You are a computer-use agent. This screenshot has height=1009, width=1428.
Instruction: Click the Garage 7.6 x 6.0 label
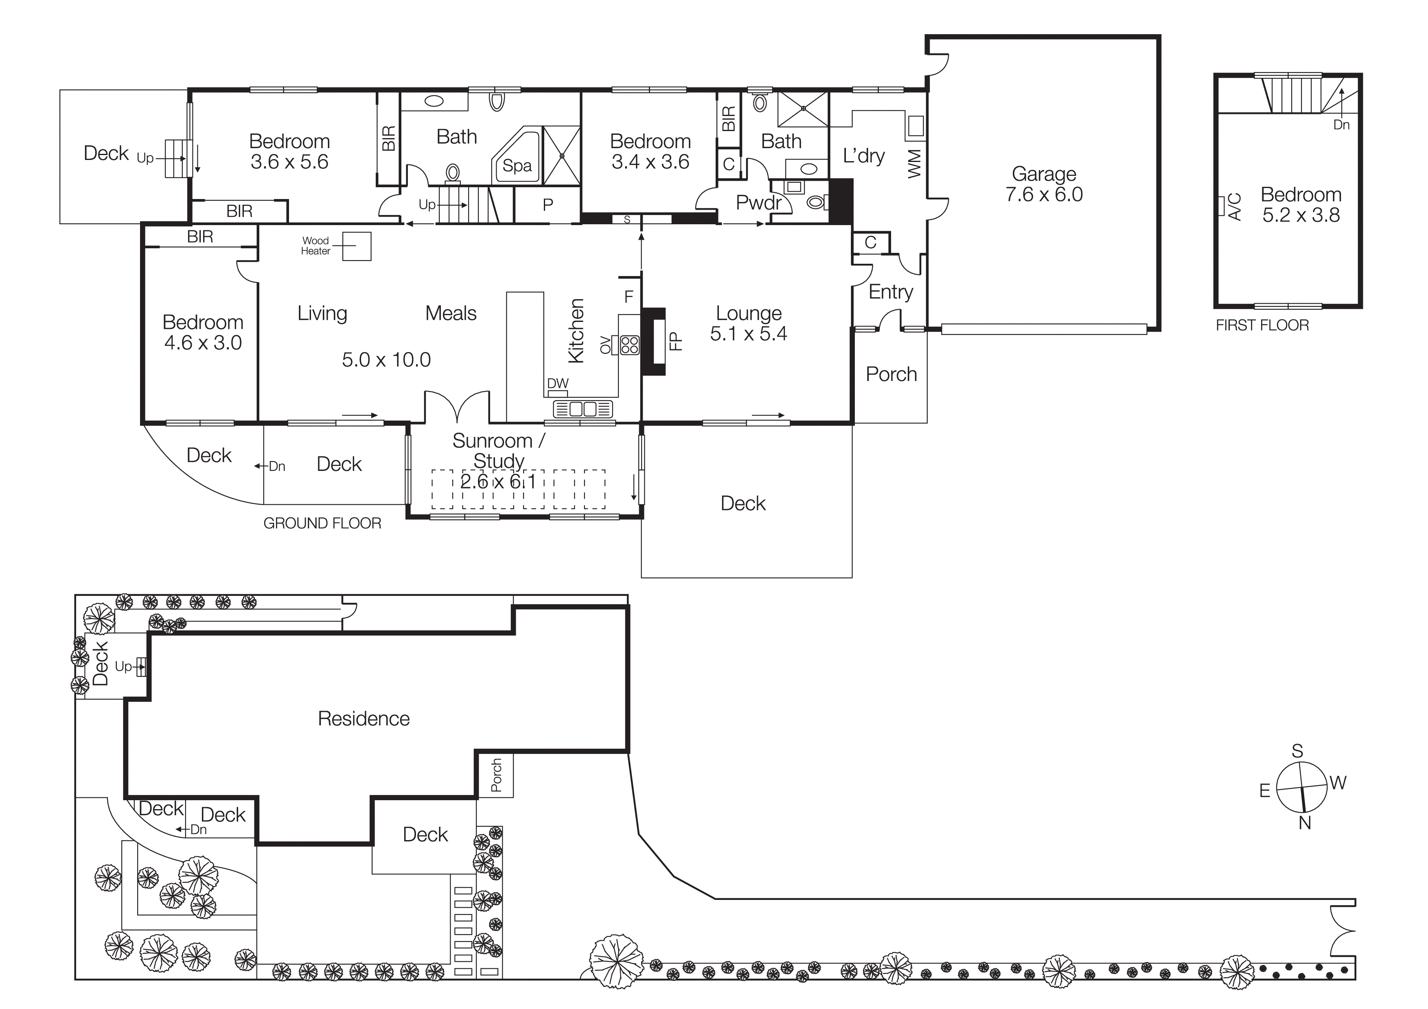coord(1044,184)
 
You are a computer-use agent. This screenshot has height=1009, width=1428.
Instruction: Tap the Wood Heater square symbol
coord(357,246)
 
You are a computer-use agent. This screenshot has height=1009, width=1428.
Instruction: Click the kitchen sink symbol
coord(583,409)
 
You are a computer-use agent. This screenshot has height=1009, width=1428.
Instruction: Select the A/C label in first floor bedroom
coord(1235,206)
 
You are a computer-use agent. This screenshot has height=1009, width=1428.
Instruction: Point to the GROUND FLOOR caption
coord(322,523)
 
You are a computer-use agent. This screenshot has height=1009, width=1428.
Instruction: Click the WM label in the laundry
coord(914,164)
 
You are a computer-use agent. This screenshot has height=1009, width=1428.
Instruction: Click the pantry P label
coord(548,205)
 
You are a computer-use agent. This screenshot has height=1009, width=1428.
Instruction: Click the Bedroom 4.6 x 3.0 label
coord(203,332)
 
